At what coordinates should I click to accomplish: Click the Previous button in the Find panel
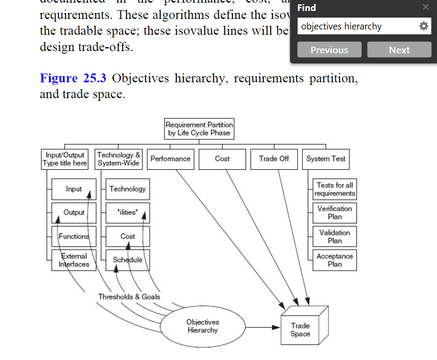[x=329, y=50]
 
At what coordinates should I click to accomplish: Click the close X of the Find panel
[x=425, y=7]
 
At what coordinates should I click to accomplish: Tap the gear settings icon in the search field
[x=423, y=26]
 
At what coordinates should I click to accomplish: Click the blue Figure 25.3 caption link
[x=73, y=78]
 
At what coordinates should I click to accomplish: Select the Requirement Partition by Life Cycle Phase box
[x=199, y=129]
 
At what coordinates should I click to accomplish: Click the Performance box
[x=170, y=159]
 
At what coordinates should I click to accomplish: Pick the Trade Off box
[x=274, y=159]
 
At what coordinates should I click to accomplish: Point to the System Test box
[x=326, y=159]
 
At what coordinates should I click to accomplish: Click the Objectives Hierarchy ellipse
[x=202, y=326]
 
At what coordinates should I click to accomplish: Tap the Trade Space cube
[x=300, y=330]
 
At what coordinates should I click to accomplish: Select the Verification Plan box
[x=335, y=213]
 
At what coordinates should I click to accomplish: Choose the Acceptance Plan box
[x=335, y=260]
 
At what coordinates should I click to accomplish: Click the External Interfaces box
[x=74, y=260]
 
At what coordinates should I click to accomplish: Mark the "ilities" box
[x=127, y=213]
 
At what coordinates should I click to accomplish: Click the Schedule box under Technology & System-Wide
[x=127, y=260]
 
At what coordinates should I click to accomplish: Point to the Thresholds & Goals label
[x=129, y=297]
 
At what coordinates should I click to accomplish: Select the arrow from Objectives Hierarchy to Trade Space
[x=262, y=327]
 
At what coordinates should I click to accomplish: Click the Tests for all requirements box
[x=335, y=189]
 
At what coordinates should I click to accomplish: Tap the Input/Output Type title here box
[x=65, y=159]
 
